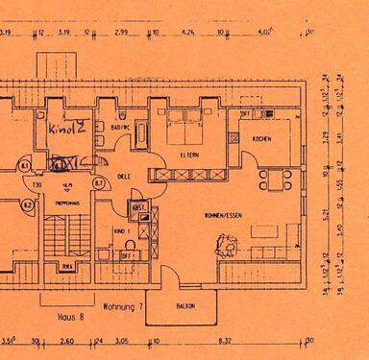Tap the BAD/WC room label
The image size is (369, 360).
coord(120,127)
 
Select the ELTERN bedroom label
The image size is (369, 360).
coord(189,153)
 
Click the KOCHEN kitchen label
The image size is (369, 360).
coord(262,139)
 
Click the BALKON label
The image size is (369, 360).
coord(184,306)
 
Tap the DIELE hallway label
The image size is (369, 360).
coord(122,177)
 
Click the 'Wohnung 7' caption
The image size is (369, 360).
coord(123,306)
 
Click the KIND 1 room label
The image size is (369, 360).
coord(121,231)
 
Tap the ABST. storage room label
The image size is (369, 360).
coord(137,206)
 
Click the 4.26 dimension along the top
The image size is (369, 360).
coord(187,32)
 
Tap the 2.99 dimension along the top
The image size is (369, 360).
coord(121,32)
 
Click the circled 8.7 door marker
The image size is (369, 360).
coord(99,181)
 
